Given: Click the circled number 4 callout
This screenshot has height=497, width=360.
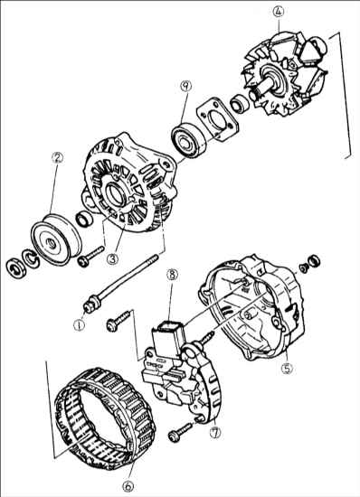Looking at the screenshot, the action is click(279, 12).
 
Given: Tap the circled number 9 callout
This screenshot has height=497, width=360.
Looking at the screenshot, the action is click(185, 86).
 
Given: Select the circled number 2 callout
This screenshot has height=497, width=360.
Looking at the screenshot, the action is click(57, 157).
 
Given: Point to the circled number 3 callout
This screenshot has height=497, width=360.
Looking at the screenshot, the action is click(112, 258).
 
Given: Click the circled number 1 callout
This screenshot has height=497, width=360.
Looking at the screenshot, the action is click(79, 324).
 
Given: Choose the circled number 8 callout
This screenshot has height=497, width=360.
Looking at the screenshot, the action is click(172, 275).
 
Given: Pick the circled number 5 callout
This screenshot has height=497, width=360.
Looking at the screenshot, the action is click(287, 368).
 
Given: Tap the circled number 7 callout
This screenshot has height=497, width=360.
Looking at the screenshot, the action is click(215, 433).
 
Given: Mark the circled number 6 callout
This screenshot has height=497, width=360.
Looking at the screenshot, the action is click(128, 485).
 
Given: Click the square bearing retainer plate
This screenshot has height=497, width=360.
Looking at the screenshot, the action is click(217, 118).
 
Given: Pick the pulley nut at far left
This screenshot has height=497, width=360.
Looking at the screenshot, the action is click(14, 268).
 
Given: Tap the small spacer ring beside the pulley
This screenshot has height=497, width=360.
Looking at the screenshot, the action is click(84, 219).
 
